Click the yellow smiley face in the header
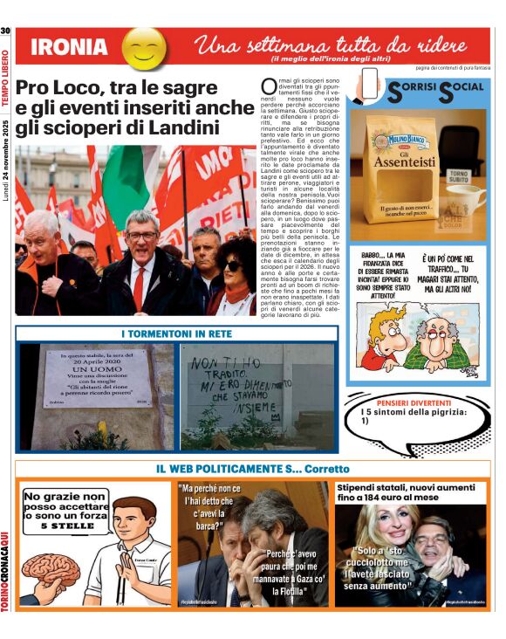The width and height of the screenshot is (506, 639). point(144,48)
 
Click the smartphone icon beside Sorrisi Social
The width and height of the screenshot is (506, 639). point(371,86)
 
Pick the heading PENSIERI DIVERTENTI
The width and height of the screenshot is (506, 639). point(414,402)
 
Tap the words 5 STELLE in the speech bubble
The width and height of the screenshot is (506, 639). point(64,526)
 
